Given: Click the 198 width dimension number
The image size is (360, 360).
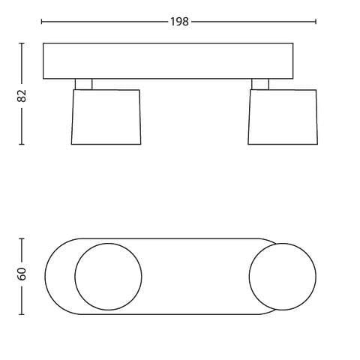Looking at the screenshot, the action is point(179,22).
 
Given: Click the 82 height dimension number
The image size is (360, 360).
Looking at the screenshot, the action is point(22,95).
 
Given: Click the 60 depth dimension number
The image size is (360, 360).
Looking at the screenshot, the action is point(22,274).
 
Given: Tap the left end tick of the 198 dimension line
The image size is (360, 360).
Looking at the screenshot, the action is point(41,22).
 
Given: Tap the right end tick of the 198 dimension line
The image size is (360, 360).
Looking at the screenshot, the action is point(316,22).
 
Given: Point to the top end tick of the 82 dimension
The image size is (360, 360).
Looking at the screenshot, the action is point(22,43).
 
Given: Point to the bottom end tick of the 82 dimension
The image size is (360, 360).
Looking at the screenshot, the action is point(22,144).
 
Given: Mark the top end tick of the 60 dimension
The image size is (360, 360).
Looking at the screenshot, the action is point(22,238).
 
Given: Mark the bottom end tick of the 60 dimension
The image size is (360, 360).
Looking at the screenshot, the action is point(22,314).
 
